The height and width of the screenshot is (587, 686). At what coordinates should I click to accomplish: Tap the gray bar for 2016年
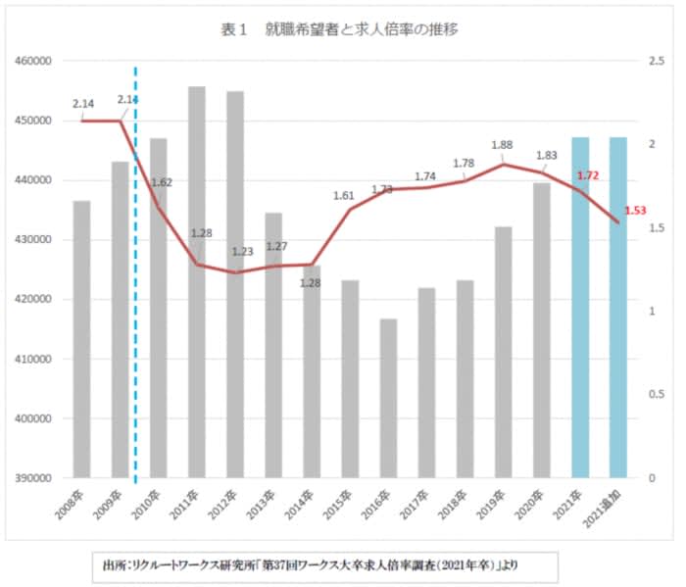click(388, 398)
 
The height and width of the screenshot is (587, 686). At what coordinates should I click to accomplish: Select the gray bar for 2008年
click(81, 339)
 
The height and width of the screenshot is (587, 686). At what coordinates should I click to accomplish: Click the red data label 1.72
click(588, 175)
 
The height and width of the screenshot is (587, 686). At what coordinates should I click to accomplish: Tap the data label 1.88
click(502, 145)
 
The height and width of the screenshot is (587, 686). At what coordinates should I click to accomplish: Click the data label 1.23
click(242, 252)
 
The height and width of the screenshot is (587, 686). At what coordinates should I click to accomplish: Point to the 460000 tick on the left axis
click(33, 61)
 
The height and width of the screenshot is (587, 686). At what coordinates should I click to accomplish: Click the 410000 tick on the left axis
click(33, 360)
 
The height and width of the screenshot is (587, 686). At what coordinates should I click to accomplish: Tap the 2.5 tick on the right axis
click(657, 61)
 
